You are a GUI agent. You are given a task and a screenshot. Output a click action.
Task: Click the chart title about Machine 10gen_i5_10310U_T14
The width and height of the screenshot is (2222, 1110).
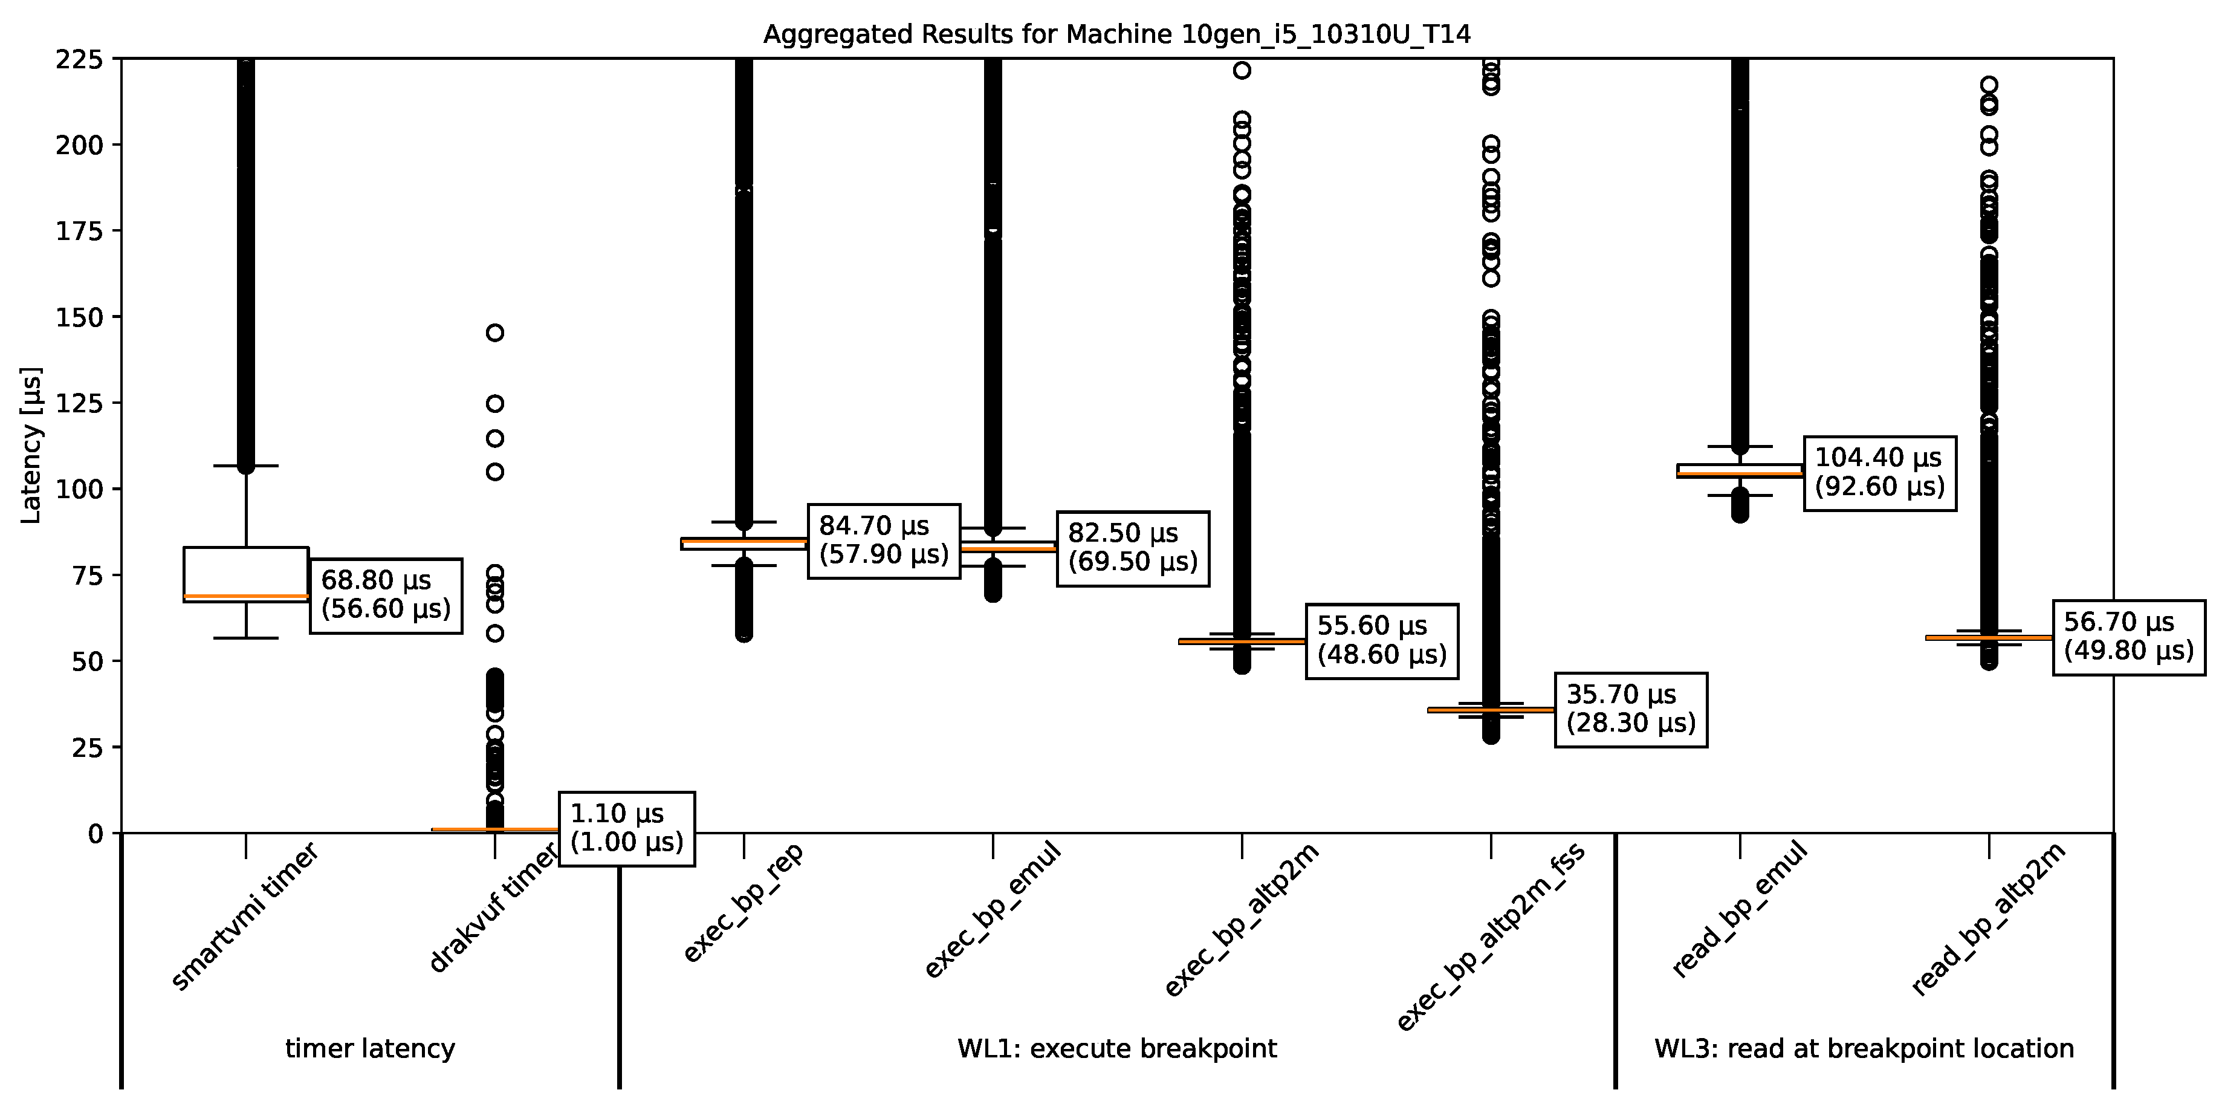point(1116,34)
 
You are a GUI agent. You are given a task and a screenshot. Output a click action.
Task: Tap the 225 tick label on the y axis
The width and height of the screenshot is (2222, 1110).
point(79,59)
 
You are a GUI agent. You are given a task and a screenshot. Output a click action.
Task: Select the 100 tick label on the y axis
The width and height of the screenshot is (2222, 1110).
point(79,489)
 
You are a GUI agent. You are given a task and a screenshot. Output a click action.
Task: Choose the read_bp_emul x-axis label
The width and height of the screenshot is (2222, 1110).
point(1739,909)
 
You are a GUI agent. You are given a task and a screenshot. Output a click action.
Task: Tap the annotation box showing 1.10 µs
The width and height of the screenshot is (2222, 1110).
point(626,828)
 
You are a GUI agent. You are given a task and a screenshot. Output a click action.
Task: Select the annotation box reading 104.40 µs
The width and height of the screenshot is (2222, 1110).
point(1879,473)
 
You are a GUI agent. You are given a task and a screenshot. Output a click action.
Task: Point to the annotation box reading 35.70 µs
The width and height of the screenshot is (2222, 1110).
point(1630,709)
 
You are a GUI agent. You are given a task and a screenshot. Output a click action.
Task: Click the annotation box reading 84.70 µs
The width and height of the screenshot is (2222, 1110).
point(883,540)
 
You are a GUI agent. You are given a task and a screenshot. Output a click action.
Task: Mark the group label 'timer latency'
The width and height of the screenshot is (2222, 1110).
point(370,1049)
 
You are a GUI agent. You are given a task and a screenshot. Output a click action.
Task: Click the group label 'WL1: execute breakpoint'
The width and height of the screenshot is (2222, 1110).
point(1117,1049)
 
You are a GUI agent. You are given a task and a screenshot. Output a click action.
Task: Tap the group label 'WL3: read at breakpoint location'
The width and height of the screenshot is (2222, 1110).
point(1864,1049)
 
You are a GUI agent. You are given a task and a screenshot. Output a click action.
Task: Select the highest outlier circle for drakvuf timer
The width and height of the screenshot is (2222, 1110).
point(495,333)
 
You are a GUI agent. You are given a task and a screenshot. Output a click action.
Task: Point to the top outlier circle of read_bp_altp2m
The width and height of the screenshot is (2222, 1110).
point(1989,85)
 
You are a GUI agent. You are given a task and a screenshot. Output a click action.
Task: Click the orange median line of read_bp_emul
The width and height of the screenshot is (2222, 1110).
point(1739,473)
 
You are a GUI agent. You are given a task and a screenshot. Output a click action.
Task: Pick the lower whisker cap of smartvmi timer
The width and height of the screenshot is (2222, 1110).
point(246,638)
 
